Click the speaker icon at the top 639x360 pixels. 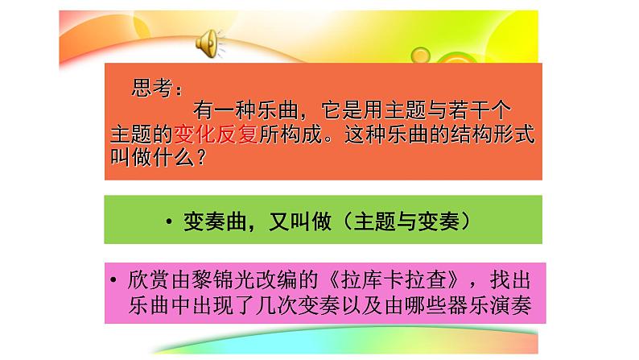coord(209,43)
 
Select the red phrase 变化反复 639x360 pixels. coord(216,134)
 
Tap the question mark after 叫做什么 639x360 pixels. coord(201,157)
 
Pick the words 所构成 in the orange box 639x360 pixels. coord(291,134)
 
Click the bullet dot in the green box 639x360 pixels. coord(169,221)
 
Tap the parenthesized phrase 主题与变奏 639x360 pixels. coord(406,221)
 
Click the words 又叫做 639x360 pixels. coord(300,221)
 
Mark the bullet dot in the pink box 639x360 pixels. coord(113,279)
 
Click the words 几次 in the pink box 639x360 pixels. coord(277,305)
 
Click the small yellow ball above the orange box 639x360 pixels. coord(421,55)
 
